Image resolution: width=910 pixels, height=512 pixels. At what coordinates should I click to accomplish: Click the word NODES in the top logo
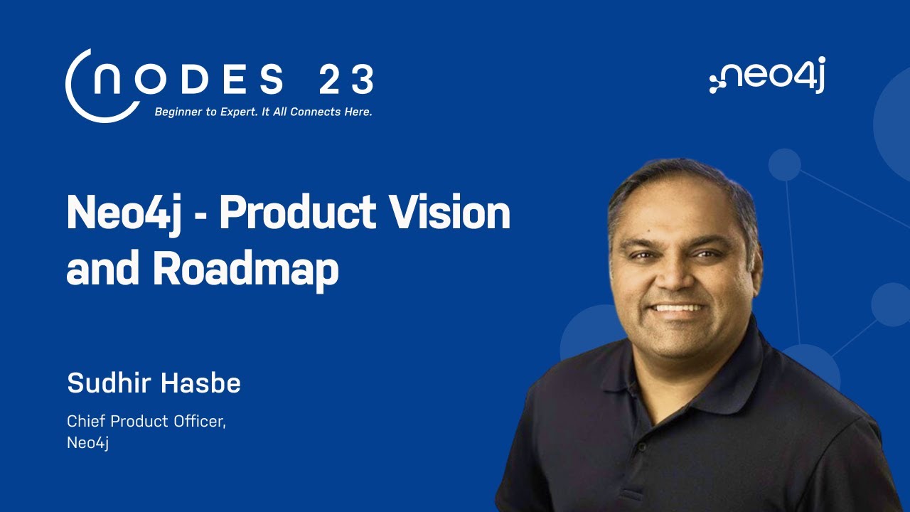click(188, 80)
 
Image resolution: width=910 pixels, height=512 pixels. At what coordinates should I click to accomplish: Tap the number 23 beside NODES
click(346, 80)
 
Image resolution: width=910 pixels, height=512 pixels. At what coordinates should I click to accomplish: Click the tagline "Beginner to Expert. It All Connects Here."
click(263, 112)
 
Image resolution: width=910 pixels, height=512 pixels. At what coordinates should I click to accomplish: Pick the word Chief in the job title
click(82, 421)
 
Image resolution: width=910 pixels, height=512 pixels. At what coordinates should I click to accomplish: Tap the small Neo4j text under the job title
click(87, 442)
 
